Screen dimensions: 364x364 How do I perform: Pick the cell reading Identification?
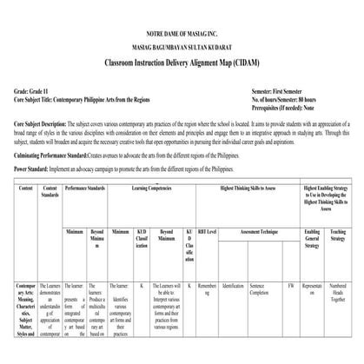pos(233,285)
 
